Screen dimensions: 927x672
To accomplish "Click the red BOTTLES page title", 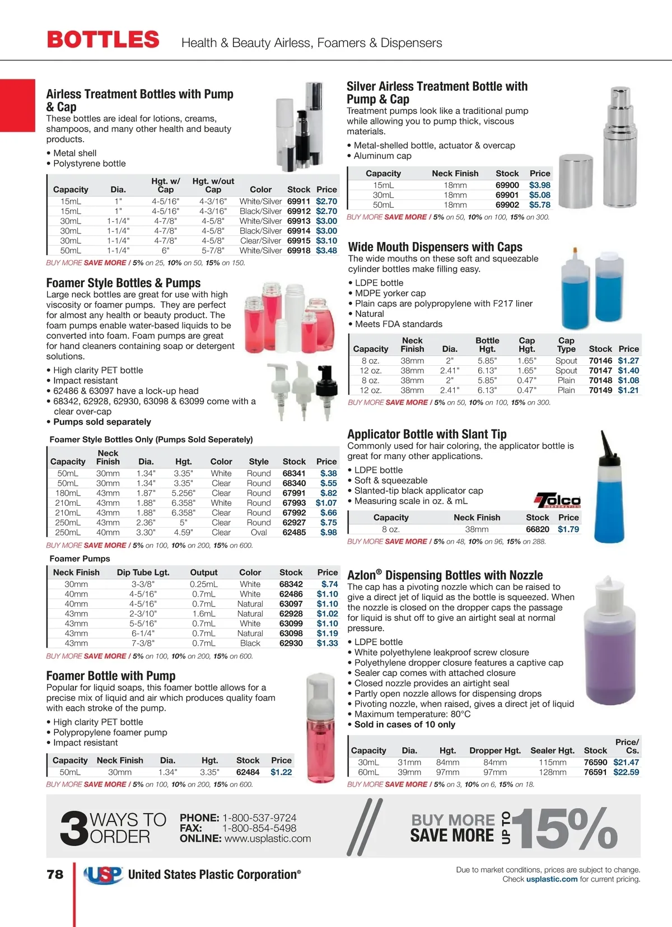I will tap(103, 40).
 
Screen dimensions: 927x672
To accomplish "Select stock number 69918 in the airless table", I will tap(298, 251).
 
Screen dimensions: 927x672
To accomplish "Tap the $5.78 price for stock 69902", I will tap(539, 205).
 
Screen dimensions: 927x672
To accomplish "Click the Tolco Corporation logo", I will tap(558, 500).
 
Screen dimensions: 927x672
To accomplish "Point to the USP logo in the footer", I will tap(103, 874).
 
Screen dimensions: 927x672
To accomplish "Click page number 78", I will tap(55, 874).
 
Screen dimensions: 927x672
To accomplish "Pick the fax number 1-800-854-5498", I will tap(259, 828).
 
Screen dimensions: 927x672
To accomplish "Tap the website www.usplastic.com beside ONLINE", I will tap(267, 839).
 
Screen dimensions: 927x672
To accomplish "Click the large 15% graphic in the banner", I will tap(566, 828).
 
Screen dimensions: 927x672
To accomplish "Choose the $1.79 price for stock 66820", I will tap(568, 529).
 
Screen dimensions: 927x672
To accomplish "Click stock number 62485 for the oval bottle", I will tap(294, 533).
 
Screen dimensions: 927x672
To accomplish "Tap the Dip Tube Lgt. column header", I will tap(143, 572).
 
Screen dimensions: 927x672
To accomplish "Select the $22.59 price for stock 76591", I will tap(626, 772).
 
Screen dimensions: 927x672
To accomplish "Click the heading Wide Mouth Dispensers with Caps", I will tap(435, 247).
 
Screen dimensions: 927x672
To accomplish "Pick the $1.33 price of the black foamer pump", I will tap(327, 644).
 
